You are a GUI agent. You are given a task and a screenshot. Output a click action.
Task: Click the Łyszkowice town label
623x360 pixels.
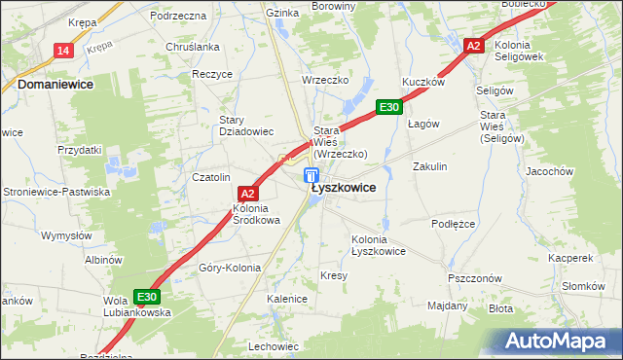click(x=343, y=188)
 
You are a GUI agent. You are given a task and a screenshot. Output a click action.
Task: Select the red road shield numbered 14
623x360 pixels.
click(x=63, y=51)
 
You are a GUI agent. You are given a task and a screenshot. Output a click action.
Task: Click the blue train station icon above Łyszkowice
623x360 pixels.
click(x=311, y=175)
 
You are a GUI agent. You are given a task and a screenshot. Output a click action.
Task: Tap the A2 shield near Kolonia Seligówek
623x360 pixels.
click(x=473, y=46)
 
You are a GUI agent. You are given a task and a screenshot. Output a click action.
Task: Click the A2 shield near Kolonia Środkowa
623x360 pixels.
click(x=247, y=194)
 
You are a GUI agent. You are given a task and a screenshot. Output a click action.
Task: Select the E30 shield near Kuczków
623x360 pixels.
click(x=388, y=107)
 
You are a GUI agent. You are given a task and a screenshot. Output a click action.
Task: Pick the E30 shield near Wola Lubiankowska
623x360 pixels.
click(x=147, y=297)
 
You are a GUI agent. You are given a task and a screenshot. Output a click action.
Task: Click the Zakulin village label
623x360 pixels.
click(x=429, y=166)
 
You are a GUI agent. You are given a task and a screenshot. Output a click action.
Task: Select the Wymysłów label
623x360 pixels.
click(x=65, y=235)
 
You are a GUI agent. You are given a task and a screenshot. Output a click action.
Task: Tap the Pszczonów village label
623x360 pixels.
click(x=474, y=277)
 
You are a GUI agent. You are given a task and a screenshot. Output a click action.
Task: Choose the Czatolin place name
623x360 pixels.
click(x=210, y=177)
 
